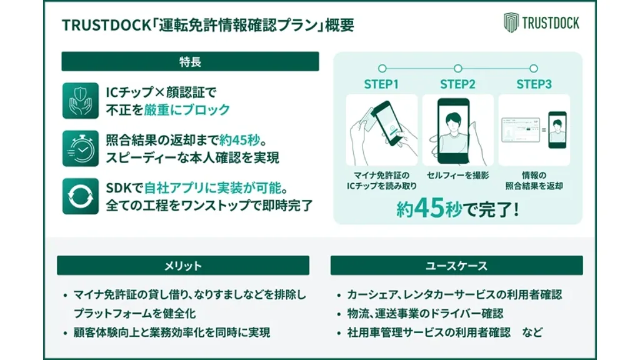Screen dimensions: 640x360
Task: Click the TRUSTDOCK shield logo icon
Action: tap(511, 22)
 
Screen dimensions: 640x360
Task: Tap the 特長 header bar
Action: tap(190, 62)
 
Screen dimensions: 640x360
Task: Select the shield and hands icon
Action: tap(81, 101)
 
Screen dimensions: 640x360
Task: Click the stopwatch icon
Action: tap(81, 149)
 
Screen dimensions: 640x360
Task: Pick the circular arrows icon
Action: tap(81, 196)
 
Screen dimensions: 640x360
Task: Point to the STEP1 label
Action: tap(381, 84)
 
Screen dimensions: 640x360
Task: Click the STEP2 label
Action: tap(457, 84)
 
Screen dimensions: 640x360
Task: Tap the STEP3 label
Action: tap(534, 84)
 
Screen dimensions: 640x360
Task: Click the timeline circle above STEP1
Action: tap(382, 68)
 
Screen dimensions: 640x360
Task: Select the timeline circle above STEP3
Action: tap(534, 68)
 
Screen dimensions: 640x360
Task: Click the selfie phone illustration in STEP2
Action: tap(454, 131)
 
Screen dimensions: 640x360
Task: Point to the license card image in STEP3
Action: tap(521, 130)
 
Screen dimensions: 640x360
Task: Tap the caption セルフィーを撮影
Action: tap(457, 176)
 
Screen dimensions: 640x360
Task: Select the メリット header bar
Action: tap(183, 266)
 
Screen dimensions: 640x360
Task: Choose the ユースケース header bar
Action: tap(457, 266)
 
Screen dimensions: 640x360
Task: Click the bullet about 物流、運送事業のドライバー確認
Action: tap(425, 314)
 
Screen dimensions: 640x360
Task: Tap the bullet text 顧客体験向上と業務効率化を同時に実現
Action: tap(172, 332)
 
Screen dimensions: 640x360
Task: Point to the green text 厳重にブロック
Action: tap(186, 110)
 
